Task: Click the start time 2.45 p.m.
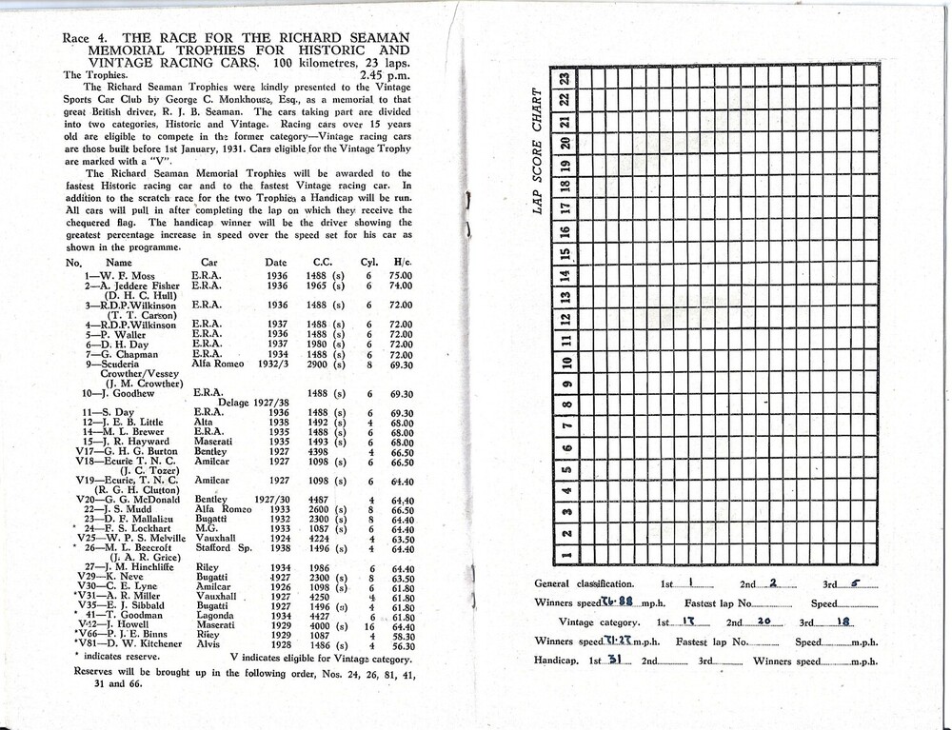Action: point(385,74)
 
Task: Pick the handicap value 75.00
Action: point(401,275)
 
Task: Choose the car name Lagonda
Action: point(213,617)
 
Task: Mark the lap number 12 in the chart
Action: point(565,317)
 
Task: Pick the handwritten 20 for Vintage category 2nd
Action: point(762,621)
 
